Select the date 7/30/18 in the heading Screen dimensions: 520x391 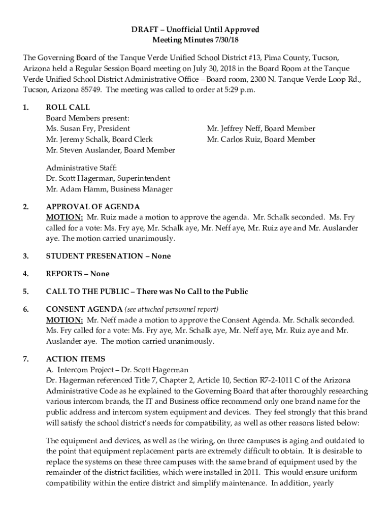click(227, 40)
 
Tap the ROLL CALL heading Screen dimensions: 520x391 click(68, 108)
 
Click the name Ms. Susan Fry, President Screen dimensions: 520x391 click(88, 129)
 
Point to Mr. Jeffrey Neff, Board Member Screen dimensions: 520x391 click(261, 129)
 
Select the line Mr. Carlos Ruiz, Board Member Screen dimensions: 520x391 click(261, 140)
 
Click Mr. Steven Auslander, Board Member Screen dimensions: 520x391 click(110, 150)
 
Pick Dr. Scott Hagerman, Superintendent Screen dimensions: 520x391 click(108, 179)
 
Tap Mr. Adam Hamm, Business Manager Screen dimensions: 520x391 click(109, 189)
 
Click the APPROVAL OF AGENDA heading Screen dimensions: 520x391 click(93, 207)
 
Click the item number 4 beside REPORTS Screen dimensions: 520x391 click(25, 274)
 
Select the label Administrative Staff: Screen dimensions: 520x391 click(82, 168)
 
